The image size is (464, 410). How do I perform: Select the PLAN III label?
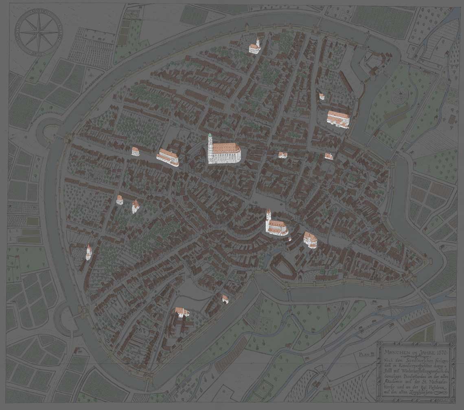pos(367,355)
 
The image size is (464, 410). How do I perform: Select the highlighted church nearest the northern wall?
pos(255,47)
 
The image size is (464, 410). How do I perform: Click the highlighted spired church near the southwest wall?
pos(88,252)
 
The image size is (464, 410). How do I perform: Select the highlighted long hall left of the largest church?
pos(168,157)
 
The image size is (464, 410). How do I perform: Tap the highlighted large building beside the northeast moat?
pos(338,118)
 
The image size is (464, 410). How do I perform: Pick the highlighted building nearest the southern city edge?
pos(182,312)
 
